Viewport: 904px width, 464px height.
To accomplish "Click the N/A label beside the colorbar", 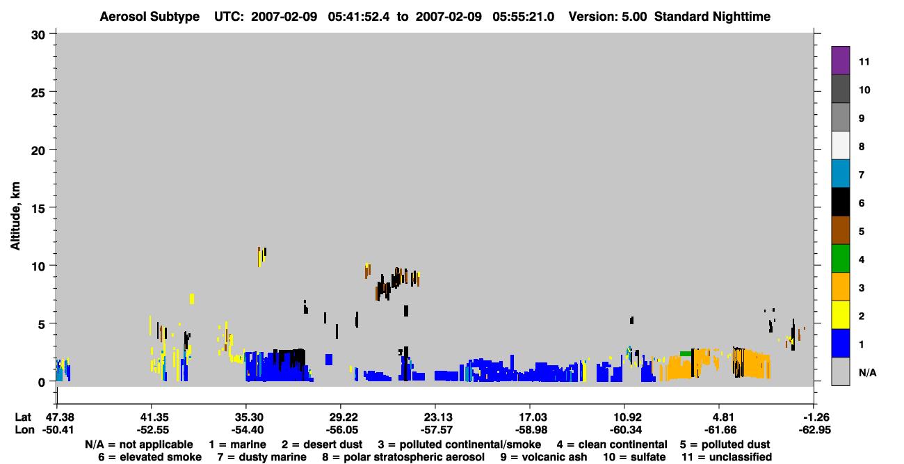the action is coord(867,372).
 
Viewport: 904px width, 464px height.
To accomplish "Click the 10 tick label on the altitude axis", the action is coord(38,266).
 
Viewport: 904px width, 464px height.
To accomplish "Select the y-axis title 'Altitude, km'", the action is coord(15,216).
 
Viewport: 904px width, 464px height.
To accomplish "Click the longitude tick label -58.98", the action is coord(531,430).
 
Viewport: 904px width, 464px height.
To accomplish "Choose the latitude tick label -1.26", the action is coord(814,417).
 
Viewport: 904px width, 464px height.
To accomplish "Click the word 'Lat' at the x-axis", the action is coord(23,417).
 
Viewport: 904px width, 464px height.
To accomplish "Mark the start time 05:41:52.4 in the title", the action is coord(359,17).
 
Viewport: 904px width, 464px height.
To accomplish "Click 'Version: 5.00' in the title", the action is coord(608,17).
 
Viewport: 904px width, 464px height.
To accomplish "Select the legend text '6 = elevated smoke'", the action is coord(150,457).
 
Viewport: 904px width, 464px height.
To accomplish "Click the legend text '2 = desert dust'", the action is coord(322,445).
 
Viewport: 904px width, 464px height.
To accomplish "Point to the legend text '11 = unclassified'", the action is coord(727,457).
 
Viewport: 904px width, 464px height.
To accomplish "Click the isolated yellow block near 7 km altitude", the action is coord(192,298).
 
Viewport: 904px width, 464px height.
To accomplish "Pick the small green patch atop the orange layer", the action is coord(685,354).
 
